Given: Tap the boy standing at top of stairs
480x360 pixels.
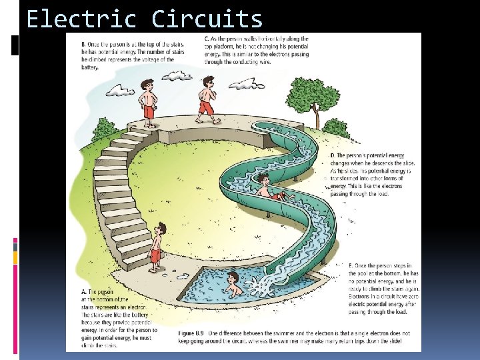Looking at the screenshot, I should click(148, 101).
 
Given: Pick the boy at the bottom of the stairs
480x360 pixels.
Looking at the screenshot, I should click(156, 247).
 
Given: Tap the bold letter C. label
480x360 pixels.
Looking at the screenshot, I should click(206, 40).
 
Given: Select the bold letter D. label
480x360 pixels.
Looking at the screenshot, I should click(333, 155).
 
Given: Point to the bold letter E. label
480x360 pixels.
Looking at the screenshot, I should click(333, 266).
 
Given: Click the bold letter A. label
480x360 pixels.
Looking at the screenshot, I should click(83, 291).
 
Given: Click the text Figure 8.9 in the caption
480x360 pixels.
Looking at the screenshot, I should click(193, 333).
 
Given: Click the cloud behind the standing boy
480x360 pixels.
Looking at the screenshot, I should click(120, 89).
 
